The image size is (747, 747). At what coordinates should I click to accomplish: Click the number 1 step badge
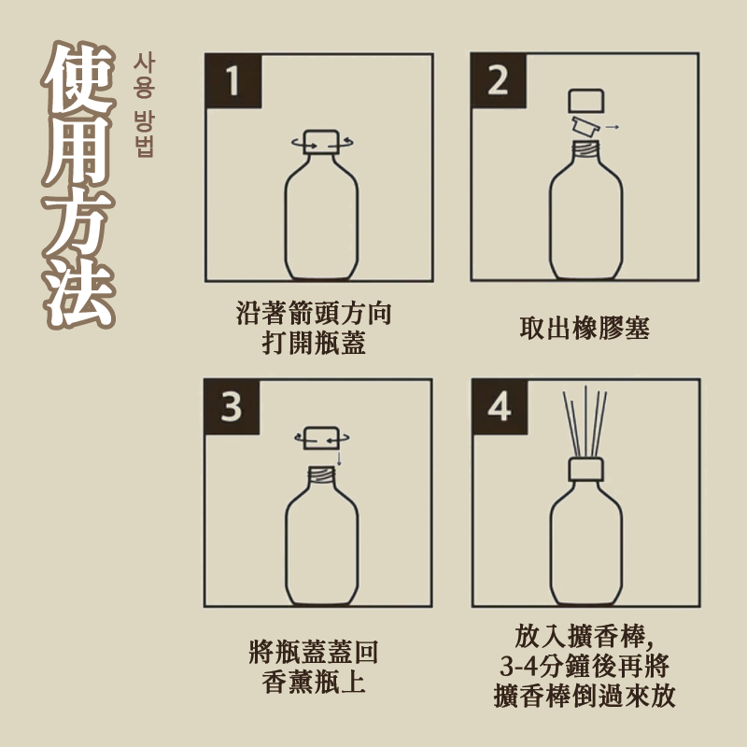tap(232, 81)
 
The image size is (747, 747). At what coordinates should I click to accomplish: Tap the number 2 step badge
tap(498, 81)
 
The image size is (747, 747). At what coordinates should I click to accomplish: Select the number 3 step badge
tap(232, 406)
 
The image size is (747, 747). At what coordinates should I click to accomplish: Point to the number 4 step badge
tap(498, 406)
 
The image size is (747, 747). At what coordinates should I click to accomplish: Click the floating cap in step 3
tap(319, 436)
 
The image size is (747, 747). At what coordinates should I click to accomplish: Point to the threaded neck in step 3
tap(319, 474)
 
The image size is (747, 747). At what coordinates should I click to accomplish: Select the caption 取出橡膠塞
tap(585, 328)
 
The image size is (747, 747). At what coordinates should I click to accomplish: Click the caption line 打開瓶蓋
tap(314, 343)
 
